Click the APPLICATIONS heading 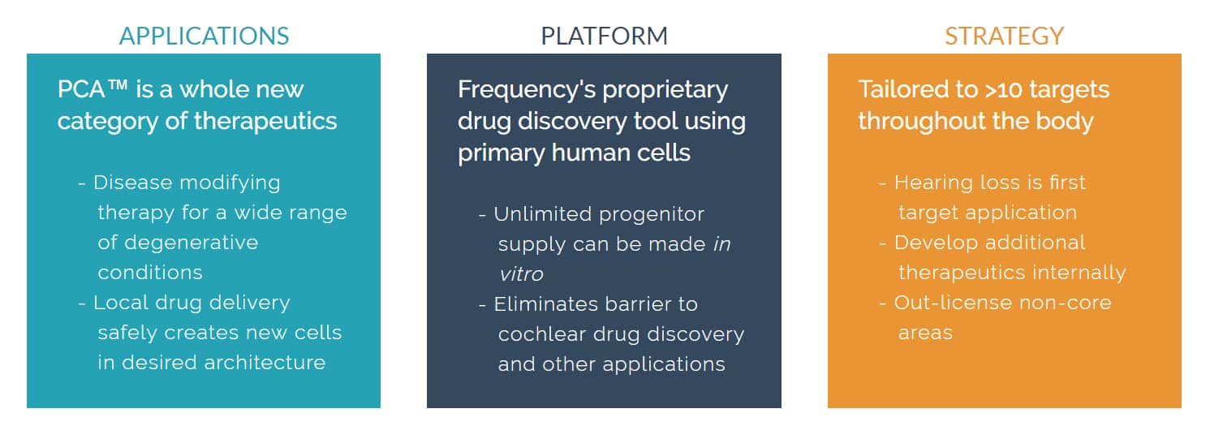click(205, 37)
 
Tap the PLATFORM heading click(604, 37)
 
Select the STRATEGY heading click(1004, 37)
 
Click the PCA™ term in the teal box click(93, 89)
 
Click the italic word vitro click(521, 274)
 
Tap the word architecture click(265, 362)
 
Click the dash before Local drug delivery click(82, 304)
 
